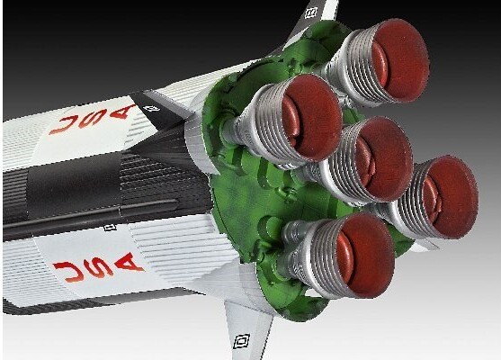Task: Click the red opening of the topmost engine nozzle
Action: point(401,60)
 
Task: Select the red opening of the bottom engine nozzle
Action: point(365,255)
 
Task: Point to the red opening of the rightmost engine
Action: point(451,196)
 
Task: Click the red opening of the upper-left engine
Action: point(312,117)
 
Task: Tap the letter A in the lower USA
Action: point(127,262)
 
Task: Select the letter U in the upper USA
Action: point(63,125)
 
